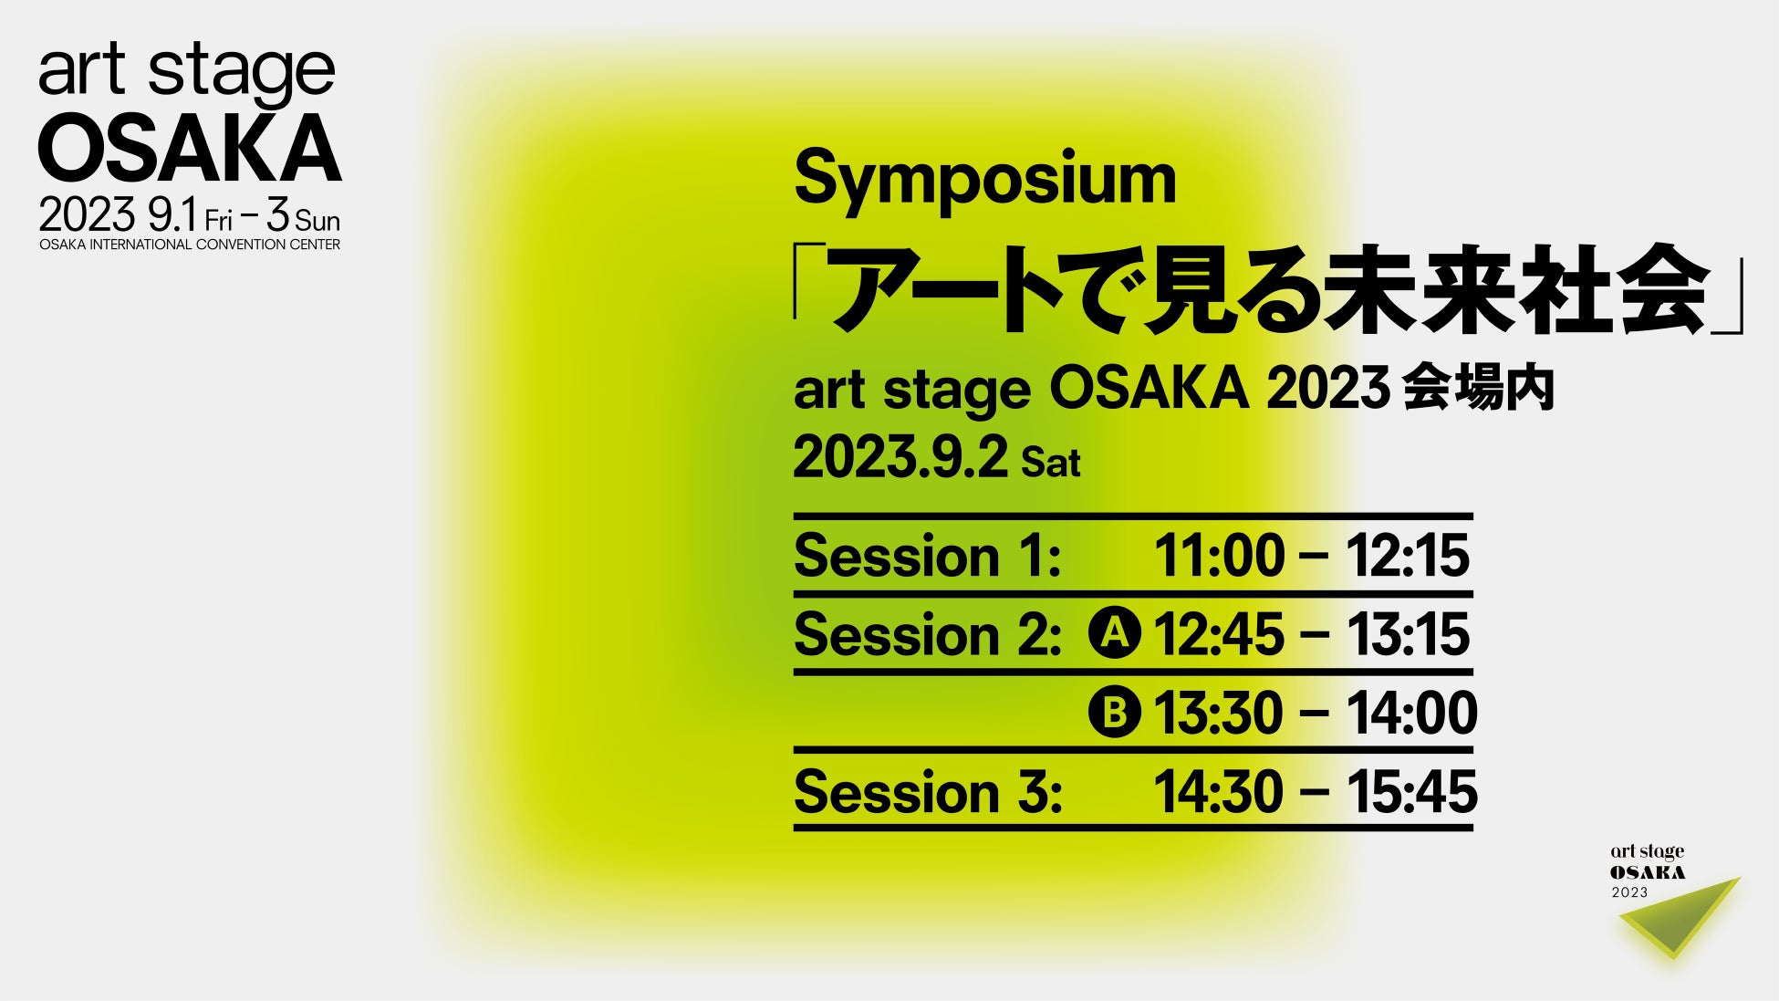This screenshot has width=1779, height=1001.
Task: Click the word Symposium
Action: point(984,180)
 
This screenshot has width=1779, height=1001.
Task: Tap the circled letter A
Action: point(1114,633)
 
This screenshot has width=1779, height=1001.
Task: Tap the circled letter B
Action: point(1114,712)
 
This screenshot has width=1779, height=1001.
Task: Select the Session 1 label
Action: point(927,556)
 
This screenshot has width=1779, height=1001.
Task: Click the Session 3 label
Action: point(928,791)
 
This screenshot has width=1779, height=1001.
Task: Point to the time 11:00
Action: point(1219,556)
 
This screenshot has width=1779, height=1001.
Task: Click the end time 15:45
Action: point(1411,791)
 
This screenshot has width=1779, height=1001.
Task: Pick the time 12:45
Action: point(1219,634)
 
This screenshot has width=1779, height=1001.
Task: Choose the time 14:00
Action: point(1411,713)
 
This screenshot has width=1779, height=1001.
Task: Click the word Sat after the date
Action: point(1050,464)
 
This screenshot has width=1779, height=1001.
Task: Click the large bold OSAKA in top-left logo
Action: point(190,149)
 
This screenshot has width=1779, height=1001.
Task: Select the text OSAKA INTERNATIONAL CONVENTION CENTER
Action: point(190,245)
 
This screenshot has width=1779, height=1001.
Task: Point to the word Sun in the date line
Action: point(317,222)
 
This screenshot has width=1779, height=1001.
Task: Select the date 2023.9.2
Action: point(900,457)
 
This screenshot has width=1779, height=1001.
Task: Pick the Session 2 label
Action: point(927,634)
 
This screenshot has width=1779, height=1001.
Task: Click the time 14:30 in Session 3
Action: point(1219,791)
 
